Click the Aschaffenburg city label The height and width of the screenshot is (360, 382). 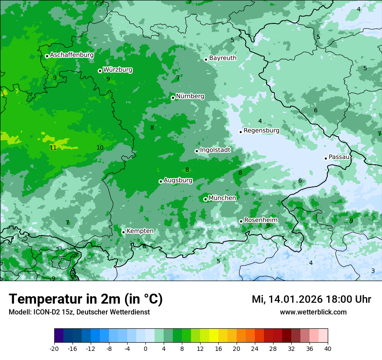coord(72,55)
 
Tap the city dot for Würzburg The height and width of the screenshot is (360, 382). coord(100,71)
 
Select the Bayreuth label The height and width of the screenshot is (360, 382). coord(223,58)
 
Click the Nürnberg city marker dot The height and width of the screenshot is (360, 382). coord(173,98)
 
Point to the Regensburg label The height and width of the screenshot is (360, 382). coord(261,130)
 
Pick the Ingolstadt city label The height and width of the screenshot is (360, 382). coord(215,150)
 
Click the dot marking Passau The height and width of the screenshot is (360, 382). coord(326,158)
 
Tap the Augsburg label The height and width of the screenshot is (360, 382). coord(178,180)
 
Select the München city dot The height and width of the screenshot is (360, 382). coord(205,199)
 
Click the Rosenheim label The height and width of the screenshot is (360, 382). coord(260,220)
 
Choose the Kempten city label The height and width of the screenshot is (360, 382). coord(140,231)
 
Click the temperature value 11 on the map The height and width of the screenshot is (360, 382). coord(53,147)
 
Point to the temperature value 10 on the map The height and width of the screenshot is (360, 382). coord(100,147)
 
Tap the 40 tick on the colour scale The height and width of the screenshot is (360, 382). coord(327,348)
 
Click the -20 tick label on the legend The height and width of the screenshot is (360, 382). coord(54,348)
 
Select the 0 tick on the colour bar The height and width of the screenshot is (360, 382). coord(145,348)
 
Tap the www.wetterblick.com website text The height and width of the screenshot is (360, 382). coord(313,312)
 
